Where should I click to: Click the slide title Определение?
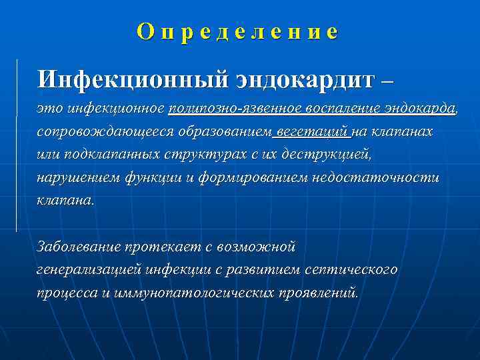click(237, 32)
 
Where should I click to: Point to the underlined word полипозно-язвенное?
click(235, 109)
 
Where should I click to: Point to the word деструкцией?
click(331, 155)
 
